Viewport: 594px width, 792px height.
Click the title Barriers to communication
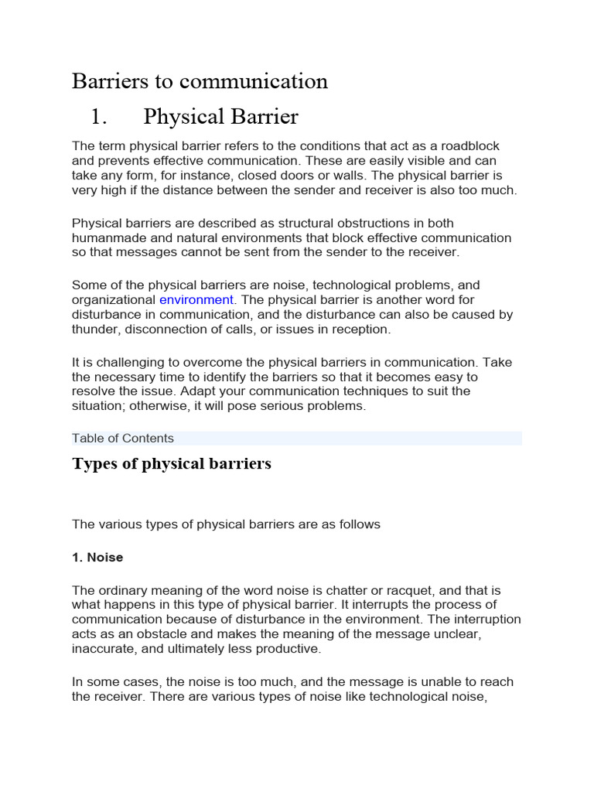(200, 81)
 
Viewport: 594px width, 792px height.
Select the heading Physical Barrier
(220, 117)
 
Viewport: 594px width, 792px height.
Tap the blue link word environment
(196, 300)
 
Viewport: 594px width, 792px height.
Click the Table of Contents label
(123, 439)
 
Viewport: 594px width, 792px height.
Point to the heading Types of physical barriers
(172, 464)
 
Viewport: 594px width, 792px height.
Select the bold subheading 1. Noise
(97, 557)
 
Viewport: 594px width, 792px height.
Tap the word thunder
(94, 329)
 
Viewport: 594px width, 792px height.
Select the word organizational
(114, 300)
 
